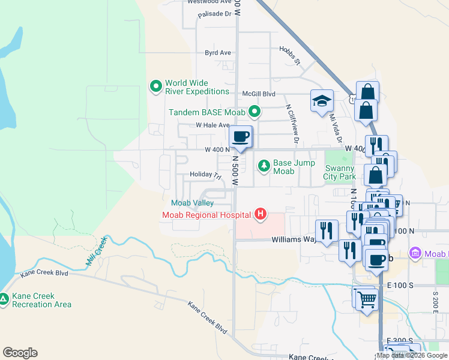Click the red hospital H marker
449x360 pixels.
(x=261, y=214)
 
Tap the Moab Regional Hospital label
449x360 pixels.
(x=206, y=215)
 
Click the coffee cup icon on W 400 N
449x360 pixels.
(x=241, y=137)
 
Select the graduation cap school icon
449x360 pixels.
(x=322, y=100)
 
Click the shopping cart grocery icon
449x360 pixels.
(x=367, y=298)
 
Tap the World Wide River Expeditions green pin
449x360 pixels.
(x=156, y=87)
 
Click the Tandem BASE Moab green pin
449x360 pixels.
(x=255, y=112)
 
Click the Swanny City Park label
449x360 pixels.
(x=340, y=172)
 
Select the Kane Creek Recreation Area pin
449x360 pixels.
(x=4, y=298)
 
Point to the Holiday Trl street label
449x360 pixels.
(x=205, y=175)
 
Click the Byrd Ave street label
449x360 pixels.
(x=218, y=53)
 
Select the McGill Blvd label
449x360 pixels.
(x=258, y=94)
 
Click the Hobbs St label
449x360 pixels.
(x=289, y=55)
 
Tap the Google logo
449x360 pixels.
(x=20, y=353)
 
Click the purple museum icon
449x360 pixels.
(x=414, y=253)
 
